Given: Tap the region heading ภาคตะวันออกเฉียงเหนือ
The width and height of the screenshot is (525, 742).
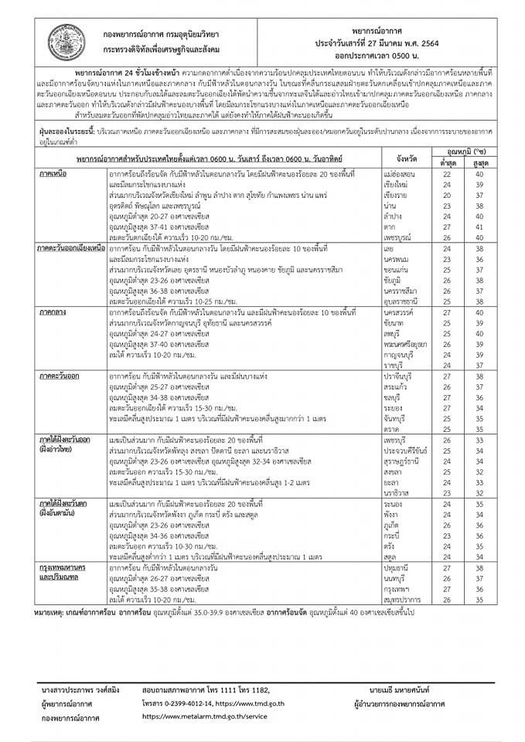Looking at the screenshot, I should click(71, 250).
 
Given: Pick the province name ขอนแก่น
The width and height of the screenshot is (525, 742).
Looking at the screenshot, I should click(396, 272).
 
